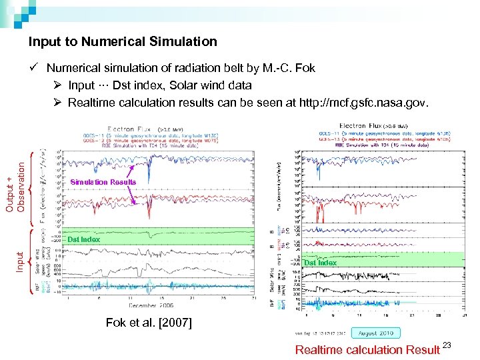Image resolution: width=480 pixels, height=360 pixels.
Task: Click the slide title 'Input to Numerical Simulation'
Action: [x=123, y=42]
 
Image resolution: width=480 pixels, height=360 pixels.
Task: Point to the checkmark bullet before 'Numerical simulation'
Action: [x=33, y=68]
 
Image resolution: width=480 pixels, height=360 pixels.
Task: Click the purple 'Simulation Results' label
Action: [x=103, y=182]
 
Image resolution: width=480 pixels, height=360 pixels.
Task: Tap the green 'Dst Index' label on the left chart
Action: [x=83, y=239]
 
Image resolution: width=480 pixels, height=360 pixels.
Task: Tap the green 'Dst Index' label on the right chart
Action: [x=320, y=263]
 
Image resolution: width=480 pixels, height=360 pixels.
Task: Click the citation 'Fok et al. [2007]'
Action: [x=149, y=323]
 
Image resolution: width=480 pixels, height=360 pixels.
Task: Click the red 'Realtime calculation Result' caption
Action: [x=367, y=350]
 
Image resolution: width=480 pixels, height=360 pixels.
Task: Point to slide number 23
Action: [x=447, y=345]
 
